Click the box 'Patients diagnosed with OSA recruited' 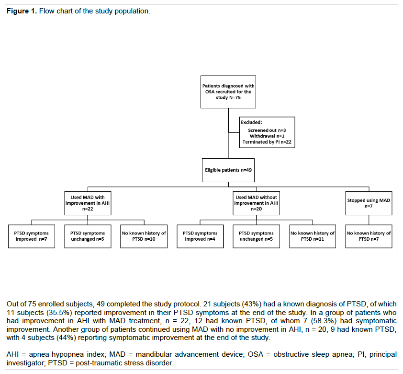[228, 92]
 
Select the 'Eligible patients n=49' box [228, 170]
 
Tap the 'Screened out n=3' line [267, 130]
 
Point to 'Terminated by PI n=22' [267, 142]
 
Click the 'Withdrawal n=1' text [267, 136]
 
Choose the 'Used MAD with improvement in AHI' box [88, 203]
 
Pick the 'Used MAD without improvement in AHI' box [256, 203]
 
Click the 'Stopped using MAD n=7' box [369, 203]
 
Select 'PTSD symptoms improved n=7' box [32, 236]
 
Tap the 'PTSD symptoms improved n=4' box [200, 236]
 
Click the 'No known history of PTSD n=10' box [144, 236]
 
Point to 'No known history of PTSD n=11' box [313, 236]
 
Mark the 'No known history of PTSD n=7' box [369, 236]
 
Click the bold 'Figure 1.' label [22, 11]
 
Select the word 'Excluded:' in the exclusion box [251, 122]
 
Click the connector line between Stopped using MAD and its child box [369, 220]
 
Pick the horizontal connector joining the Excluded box [234, 132]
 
